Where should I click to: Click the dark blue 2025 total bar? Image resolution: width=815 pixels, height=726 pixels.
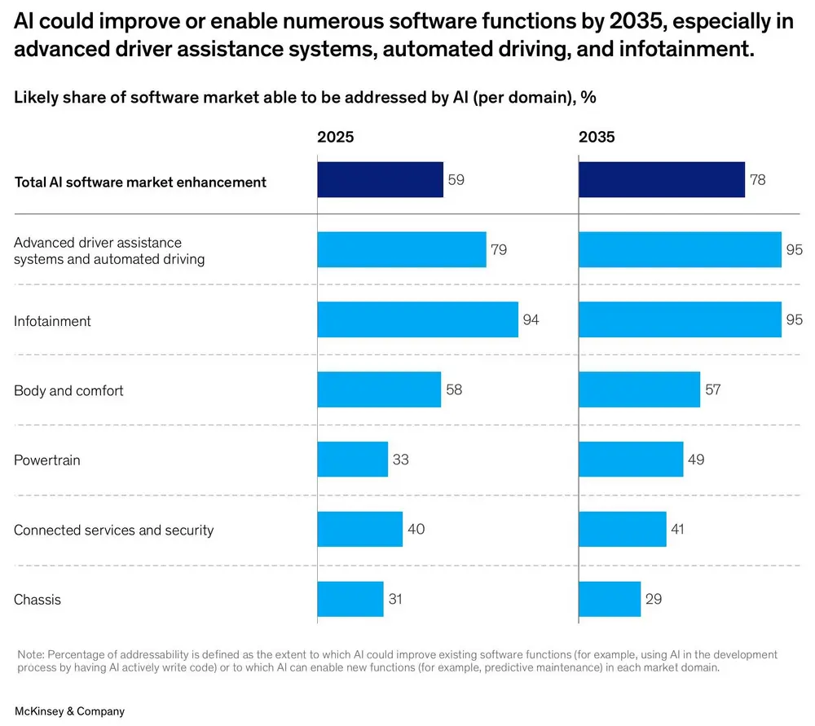click(x=380, y=179)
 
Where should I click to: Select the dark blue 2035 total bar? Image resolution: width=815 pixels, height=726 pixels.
click(x=661, y=179)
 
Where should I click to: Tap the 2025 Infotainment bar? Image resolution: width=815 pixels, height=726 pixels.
click(x=417, y=319)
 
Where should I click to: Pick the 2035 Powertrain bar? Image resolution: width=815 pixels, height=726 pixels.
click(x=630, y=460)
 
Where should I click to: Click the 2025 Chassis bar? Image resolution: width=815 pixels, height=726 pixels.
click(x=350, y=599)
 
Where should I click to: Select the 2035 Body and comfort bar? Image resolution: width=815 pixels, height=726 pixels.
click(x=639, y=389)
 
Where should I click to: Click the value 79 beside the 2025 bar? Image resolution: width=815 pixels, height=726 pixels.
click(x=499, y=250)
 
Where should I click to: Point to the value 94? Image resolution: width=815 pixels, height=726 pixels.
click(x=531, y=319)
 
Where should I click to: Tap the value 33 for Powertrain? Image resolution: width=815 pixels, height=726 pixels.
click(x=400, y=460)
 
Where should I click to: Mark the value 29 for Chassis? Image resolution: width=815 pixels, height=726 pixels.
click(x=653, y=599)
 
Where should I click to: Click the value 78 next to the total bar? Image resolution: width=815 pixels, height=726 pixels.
click(x=758, y=179)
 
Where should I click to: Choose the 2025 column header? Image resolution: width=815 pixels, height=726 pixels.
click(x=335, y=137)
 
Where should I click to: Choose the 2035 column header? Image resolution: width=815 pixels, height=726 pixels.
click(x=597, y=137)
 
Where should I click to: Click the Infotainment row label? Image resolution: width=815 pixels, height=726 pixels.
click(x=52, y=321)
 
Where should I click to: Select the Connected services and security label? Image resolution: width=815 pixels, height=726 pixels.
click(x=113, y=530)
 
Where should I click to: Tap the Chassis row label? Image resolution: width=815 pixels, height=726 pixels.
click(x=37, y=600)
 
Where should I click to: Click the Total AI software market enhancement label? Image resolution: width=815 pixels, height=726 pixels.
click(x=140, y=182)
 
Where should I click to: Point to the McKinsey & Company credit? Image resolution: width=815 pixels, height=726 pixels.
click(x=69, y=711)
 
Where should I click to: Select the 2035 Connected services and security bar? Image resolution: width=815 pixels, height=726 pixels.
click(x=622, y=529)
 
